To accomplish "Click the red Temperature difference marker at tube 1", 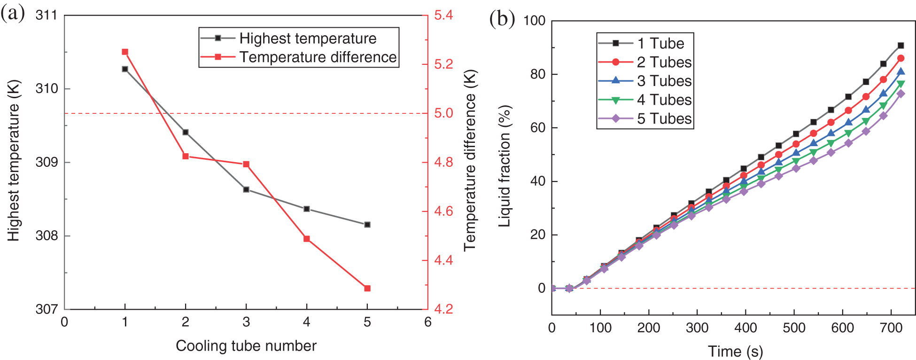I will (x=125, y=52).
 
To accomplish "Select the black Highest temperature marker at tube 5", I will (x=367, y=225).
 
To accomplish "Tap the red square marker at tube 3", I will (x=246, y=164).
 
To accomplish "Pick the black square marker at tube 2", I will (x=186, y=133).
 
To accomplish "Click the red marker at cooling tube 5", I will (x=367, y=289).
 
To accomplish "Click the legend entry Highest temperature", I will (x=308, y=39).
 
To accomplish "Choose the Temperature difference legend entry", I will (x=318, y=57).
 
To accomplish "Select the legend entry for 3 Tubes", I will (x=664, y=81).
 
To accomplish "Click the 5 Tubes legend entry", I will (x=664, y=118).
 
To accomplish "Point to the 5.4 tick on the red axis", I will (x=443, y=16).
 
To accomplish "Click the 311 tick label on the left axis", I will (x=46, y=16).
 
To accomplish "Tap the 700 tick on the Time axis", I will (x=891, y=328).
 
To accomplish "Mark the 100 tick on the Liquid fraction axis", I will (x=534, y=21).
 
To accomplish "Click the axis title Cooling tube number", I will (x=246, y=346).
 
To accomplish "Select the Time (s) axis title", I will (x=735, y=352).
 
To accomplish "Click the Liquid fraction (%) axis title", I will (x=505, y=166).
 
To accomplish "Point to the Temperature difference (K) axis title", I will (x=470, y=160).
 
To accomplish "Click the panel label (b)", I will (x=502, y=19).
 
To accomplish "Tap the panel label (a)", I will (x=13, y=13).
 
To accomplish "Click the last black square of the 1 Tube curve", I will (x=900, y=46).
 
